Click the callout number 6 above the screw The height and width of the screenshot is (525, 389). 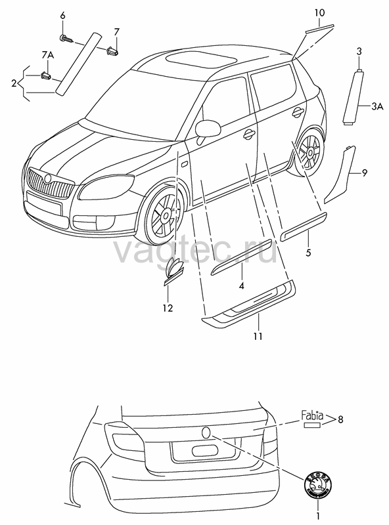click(62, 15)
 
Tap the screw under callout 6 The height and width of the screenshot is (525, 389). click(67, 39)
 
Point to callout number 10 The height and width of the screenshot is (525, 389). click(319, 12)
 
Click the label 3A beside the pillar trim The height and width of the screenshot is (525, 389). click(377, 106)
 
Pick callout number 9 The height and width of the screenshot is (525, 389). click(364, 173)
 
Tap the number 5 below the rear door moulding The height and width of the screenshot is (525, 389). click(308, 252)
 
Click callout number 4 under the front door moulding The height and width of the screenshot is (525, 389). click(241, 285)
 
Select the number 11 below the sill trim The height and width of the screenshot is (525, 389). click(258, 336)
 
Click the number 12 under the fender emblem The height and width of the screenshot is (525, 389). click(168, 307)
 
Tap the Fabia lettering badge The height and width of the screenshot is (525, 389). click(312, 416)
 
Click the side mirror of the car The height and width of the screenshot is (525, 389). click(207, 129)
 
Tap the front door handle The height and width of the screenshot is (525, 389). click(249, 133)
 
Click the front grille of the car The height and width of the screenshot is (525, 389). click(50, 183)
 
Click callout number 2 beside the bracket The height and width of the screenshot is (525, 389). click(14, 83)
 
